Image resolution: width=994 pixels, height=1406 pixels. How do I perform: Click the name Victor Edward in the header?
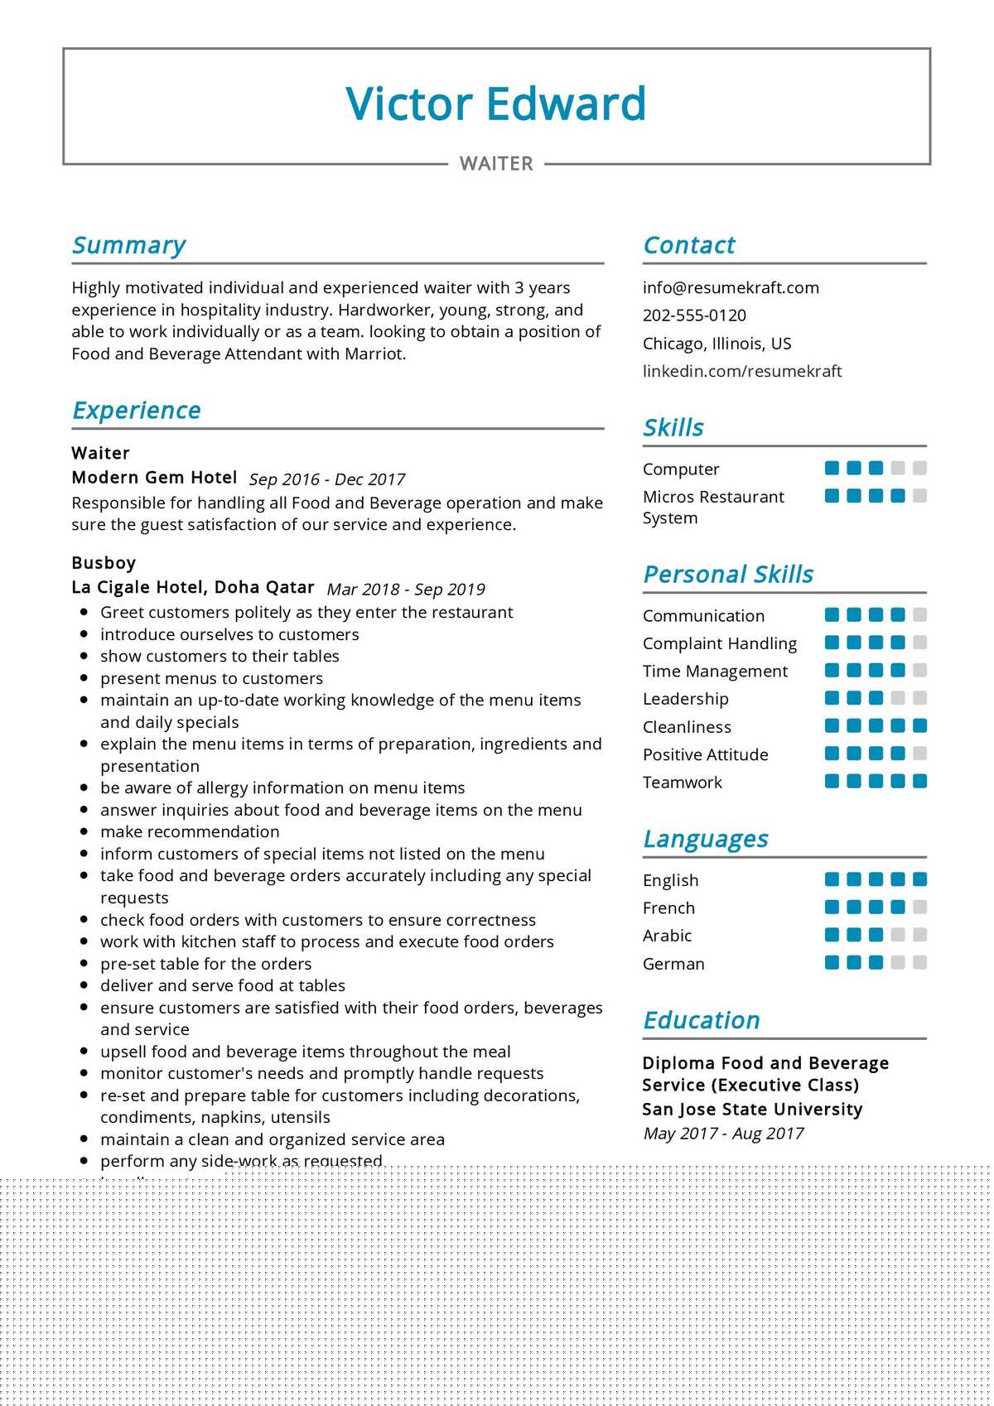click(495, 104)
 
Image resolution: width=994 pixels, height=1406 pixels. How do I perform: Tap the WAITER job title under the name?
click(496, 164)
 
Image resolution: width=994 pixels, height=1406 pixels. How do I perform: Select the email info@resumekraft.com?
click(730, 287)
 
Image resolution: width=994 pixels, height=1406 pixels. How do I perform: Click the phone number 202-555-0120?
click(694, 315)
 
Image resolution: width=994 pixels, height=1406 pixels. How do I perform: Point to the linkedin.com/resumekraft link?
click(741, 371)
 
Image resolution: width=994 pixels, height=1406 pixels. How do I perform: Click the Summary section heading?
click(128, 245)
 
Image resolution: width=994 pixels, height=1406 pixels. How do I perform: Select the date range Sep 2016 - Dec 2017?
click(326, 479)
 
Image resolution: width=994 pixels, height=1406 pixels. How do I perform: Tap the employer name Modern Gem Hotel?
click(154, 478)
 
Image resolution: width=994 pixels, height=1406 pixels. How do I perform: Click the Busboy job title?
click(104, 563)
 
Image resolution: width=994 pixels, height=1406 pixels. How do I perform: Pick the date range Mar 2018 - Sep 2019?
click(406, 590)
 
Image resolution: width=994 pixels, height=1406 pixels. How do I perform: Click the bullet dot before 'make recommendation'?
click(84, 831)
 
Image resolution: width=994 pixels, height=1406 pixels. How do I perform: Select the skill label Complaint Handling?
click(719, 643)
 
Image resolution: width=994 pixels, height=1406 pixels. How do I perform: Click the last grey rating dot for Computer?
click(919, 468)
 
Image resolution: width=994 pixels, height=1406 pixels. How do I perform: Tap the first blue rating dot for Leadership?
click(832, 698)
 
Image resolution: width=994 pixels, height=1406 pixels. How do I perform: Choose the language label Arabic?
click(667, 936)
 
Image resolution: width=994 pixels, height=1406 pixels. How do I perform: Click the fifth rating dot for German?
click(919, 962)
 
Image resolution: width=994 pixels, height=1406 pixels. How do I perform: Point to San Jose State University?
click(752, 1110)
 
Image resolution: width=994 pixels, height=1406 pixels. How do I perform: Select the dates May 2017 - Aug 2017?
click(723, 1134)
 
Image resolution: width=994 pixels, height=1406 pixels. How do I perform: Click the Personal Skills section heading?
click(728, 574)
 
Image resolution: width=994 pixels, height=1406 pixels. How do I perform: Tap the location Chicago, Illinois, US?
click(717, 344)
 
